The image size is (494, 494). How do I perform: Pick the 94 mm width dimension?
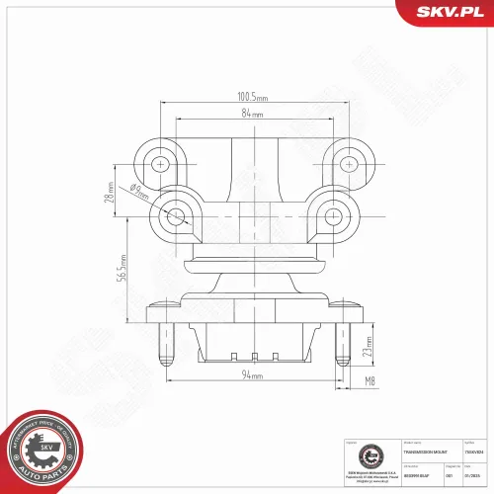tap(252, 376)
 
